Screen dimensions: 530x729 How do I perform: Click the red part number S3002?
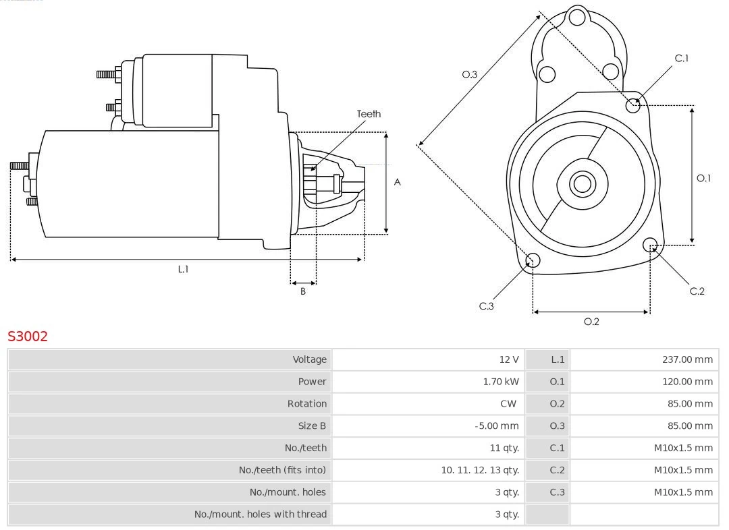[x=28, y=336]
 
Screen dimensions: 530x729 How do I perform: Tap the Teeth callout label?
[x=369, y=114]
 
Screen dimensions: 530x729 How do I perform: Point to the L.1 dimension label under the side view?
[x=183, y=269]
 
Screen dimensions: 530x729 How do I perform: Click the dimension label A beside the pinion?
[x=398, y=182]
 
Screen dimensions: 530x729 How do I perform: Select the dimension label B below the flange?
[x=303, y=292]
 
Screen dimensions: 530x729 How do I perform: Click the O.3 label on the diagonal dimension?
[x=469, y=75]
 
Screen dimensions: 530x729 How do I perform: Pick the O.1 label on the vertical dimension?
[x=703, y=178]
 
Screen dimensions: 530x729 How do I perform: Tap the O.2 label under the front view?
[x=591, y=322]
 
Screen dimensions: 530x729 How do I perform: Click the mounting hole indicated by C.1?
[x=633, y=105]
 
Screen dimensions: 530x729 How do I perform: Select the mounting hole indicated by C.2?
[x=650, y=244]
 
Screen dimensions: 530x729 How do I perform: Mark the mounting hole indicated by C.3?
[x=533, y=261]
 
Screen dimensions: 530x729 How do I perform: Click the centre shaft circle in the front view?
[x=580, y=183]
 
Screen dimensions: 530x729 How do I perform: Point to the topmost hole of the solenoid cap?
[x=576, y=18]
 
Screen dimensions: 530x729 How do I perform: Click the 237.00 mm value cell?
[x=687, y=360]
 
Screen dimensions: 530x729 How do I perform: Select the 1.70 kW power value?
[x=501, y=382]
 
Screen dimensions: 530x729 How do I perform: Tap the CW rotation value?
[x=508, y=404]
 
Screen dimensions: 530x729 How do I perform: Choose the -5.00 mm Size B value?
[x=496, y=426]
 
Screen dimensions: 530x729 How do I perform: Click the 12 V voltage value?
[x=509, y=360]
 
